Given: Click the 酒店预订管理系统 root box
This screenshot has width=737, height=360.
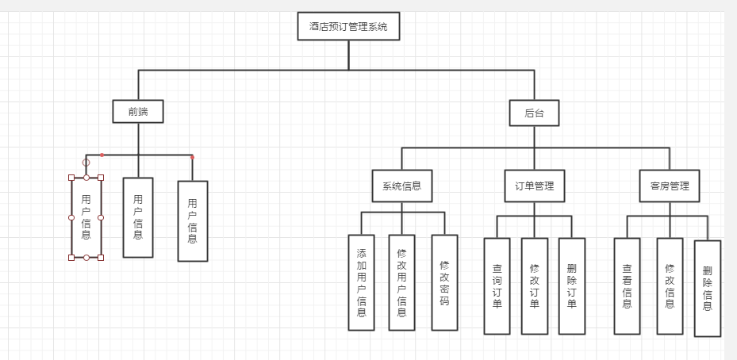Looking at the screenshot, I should pyautogui.click(x=348, y=26).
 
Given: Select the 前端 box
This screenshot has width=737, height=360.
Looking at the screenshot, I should pyautogui.click(x=138, y=112).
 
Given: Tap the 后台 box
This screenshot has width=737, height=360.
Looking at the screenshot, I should pyautogui.click(x=534, y=113).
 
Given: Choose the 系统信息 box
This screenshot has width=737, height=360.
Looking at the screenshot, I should pyautogui.click(x=401, y=186).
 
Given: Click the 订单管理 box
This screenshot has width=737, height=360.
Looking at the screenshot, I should pyautogui.click(x=534, y=186).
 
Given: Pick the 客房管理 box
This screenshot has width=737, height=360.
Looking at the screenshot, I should pyautogui.click(x=670, y=186).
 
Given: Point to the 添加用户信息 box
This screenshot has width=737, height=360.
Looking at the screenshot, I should pyautogui.click(x=361, y=282).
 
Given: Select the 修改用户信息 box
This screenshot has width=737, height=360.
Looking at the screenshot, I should pyautogui.click(x=401, y=282).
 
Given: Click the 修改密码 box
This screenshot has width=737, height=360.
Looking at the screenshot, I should pyautogui.click(x=444, y=282).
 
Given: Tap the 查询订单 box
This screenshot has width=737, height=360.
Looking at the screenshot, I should pyautogui.click(x=497, y=285).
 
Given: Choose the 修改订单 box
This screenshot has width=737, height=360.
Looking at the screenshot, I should pyautogui.click(x=534, y=285).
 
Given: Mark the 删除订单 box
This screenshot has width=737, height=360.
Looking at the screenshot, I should pyautogui.click(x=571, y=285).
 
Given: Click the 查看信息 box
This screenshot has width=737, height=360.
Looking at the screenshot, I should pyautogui.click(x=627, y=285).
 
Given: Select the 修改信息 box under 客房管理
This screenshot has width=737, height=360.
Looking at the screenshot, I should pyautogui.click(x=670, y=285).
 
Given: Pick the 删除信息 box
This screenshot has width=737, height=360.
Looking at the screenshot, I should pyautogui.click(x=708, y=288).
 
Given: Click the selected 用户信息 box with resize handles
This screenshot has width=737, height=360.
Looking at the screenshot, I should pyautogui.click(x=86, y=217).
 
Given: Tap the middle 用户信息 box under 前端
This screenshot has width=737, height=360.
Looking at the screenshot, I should pyautogui.click(x=138, y=217).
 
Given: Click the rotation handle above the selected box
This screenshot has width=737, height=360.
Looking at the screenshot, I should pyautogui.click(x=86, y=163).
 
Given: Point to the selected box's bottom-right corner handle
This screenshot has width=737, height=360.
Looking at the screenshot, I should pyautogui.click(x=101, y=258).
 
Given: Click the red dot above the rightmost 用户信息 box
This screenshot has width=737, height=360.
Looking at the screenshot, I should pyautogui.click(x=192, y=157).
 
